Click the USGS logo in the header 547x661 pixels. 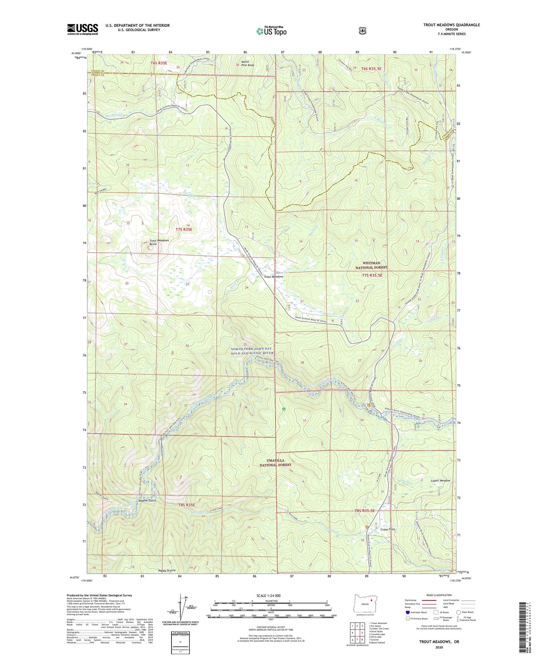pos(83,29)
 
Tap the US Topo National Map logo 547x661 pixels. pos(271,31)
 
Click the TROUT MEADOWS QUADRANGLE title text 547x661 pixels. pos(451,25)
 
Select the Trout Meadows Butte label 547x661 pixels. pos(159,242)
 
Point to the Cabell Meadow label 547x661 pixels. pos(440,480)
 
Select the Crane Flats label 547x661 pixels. pos(387,529)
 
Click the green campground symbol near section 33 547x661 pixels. pos(284,409)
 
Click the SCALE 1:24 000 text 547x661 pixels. pos(268,596)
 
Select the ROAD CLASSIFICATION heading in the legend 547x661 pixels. pos(439,595)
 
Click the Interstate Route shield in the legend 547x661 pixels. pos(408,612)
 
